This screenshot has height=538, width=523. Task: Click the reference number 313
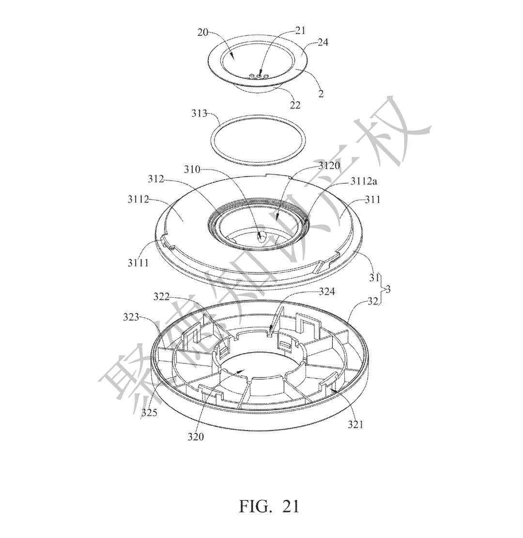pyautogui.click(x=200, y=113)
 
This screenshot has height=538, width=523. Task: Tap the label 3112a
pyautogui.click(x=364, y=181)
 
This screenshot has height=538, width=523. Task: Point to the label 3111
pyautogui.click(x=138, y=263)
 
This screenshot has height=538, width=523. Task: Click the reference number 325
pyautogui.click(x=149, y=412)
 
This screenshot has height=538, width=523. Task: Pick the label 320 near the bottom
pyautogui.click(x=196, y=436)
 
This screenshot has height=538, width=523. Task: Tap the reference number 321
pyautogui.click(x=355, y=424)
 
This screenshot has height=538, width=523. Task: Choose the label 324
pyautogui.click(x=327, y=292)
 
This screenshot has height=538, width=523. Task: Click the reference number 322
pyautogui.click(x=161, y=296)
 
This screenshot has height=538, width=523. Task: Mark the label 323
pyautogui.click(x=131, y=317)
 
